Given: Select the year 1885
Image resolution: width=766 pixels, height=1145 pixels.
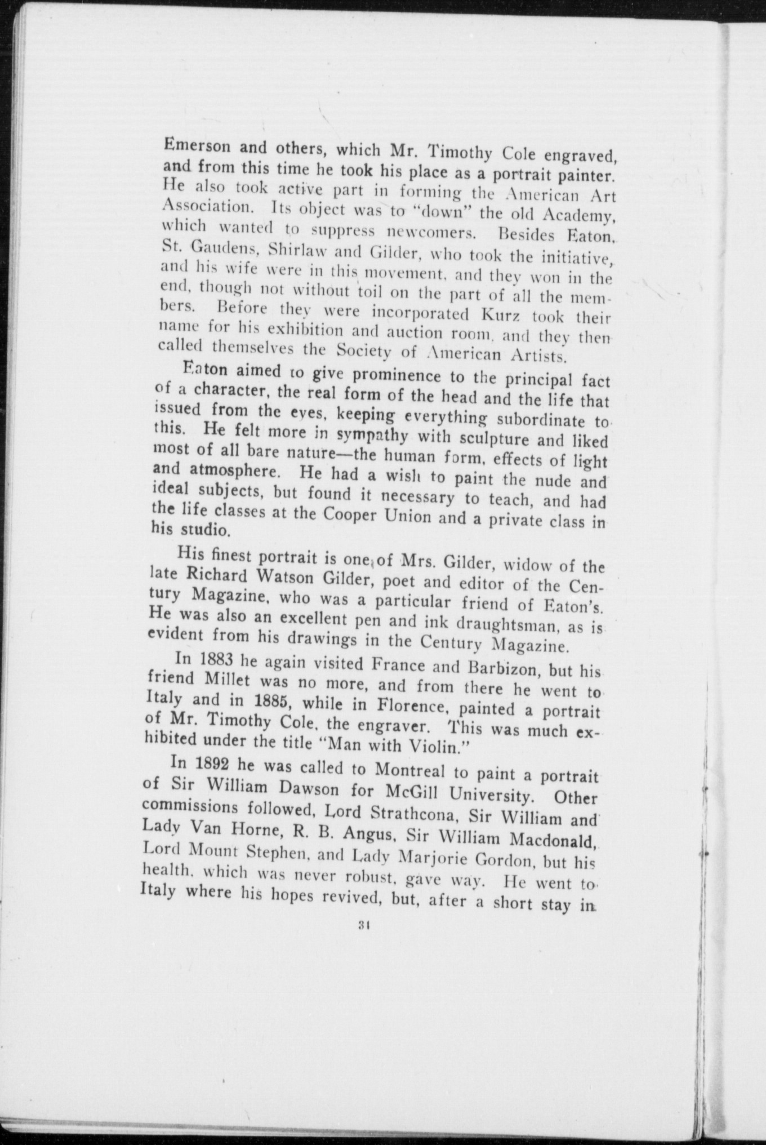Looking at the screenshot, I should coord(273,703).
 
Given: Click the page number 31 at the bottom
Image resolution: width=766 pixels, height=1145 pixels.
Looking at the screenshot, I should coord(363,924).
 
